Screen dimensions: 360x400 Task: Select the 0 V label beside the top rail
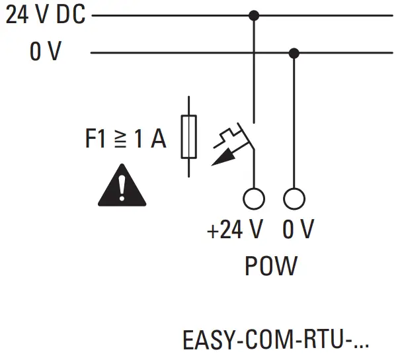(44, 53)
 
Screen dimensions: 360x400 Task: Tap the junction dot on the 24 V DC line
(254, 15)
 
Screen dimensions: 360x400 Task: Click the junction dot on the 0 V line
(294, 52)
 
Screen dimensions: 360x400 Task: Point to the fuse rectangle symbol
(189, 137)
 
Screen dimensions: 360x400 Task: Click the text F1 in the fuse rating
(97, 140)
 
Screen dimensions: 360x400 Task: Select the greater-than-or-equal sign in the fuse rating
(120, 140)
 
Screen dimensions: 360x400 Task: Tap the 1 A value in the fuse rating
(149, 140)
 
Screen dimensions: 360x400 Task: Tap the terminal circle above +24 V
(254, 198)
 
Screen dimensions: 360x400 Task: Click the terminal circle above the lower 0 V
(294, 198)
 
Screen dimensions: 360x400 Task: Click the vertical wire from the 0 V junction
(294, 119)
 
